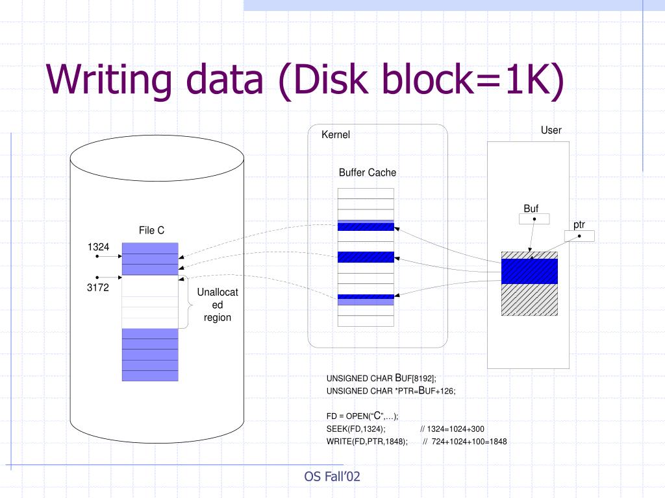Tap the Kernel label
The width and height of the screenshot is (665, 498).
click(336, 135)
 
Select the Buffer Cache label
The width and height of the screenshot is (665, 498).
click(367, 172)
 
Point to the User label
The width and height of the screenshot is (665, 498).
click(551, 130)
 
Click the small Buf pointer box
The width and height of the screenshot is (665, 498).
click(534, 219)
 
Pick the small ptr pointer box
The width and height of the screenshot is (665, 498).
click(579, 236)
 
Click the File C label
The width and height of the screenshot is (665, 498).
click(151, 230)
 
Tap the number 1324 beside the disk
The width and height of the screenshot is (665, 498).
click(99, 246)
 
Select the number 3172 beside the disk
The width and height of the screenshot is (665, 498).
click(98, 288)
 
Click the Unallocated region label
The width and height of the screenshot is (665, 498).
click(218, 305)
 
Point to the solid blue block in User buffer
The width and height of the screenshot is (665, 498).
click(529, 271)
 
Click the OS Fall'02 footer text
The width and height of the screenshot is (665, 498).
click(332, 477)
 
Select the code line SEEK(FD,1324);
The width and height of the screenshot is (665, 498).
click(356, 429)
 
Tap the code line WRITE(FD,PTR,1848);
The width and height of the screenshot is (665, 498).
click(367, 442)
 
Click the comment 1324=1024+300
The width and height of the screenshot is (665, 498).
click(452, 429)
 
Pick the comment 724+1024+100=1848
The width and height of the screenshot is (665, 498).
click(464, 442)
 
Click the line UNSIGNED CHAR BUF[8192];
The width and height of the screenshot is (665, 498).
click(381, 378)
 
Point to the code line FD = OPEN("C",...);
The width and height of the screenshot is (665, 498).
click(362, 416)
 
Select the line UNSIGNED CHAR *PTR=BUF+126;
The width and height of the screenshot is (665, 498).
click(391, 390)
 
